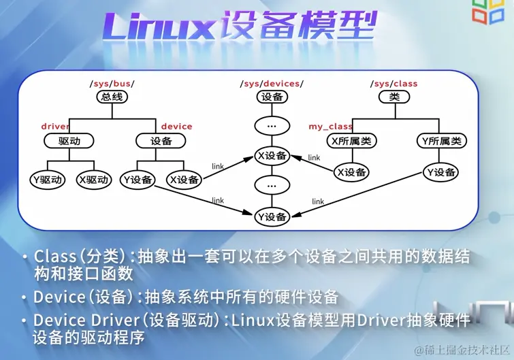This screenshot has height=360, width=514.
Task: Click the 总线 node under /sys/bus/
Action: (x=112, y=97)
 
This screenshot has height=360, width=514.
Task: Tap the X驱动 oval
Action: (x=94, y=180)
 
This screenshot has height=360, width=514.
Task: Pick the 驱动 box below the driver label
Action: (x=68, y=141)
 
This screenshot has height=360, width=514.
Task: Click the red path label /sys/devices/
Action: (x=272, y=84)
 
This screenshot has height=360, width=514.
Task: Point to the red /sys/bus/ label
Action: (x=112, y=84)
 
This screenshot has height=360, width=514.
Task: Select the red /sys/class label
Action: (x=395, y=84)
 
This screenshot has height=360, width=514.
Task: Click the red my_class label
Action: (x=330, y=127)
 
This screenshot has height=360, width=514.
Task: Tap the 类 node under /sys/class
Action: (x=394, y=97)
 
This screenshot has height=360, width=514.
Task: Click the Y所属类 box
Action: (x=441, y=141)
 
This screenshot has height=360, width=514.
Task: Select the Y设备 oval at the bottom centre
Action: (x=272, y=217)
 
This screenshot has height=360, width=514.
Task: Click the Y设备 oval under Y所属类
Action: (x=441, y=172)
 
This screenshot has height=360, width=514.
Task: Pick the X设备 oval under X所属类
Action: (x=352, y=172)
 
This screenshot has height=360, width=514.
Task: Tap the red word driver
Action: (x=55, y=127)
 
